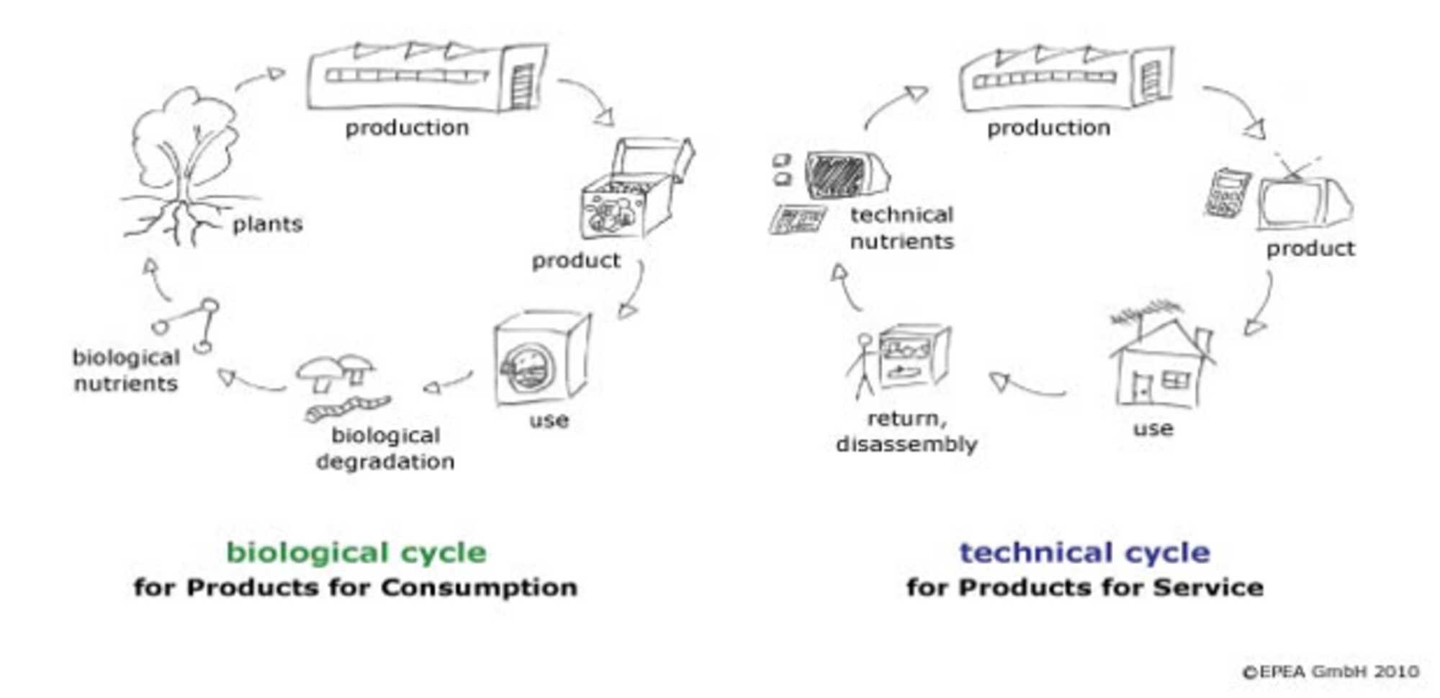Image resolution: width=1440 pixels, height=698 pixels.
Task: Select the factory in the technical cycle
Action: [x=1066, y=78]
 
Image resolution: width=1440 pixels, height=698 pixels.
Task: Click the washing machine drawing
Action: [x=540, y=358]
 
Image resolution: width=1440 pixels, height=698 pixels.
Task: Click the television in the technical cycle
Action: [x=1303, y=202]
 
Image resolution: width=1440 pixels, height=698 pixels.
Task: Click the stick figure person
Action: [x=863, y=364]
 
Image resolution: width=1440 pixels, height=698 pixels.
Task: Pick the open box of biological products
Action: [x=634, y=191]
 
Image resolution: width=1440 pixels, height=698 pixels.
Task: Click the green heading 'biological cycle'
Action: [x=356, y=552]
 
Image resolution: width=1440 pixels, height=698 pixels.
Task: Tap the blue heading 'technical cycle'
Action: [x=1084, y=552]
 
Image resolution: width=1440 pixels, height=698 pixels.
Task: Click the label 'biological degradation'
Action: [x=385, y=448]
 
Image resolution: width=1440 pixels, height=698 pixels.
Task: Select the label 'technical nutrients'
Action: [x=901, y=228]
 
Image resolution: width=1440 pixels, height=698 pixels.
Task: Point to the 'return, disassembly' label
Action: [x=906, y=431]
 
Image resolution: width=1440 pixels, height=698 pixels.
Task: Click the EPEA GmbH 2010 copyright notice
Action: [x=1331, y=671]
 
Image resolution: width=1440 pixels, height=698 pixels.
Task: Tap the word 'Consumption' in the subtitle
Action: [x=479, y=587]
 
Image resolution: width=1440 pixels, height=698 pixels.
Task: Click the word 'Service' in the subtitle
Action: [x=1207, y=587]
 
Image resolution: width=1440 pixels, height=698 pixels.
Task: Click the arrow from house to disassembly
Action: [x=1026, y=387]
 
